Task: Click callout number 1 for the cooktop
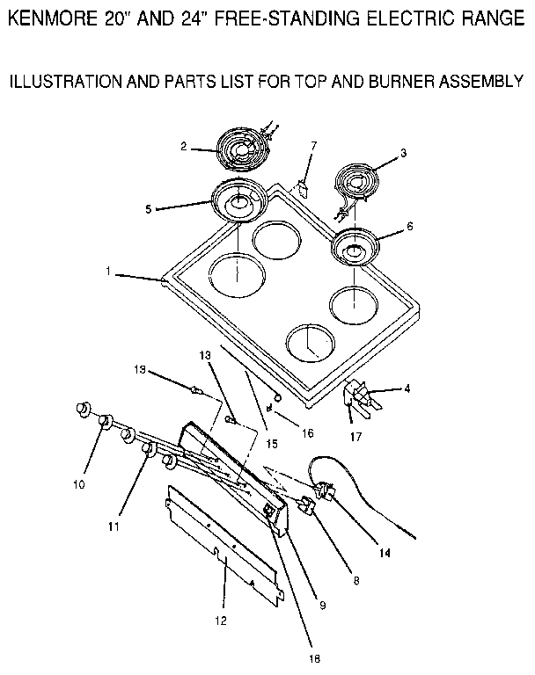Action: [x=107, y=272]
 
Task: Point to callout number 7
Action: [x=313, y=145]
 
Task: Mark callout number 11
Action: [x=113, y=527]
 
